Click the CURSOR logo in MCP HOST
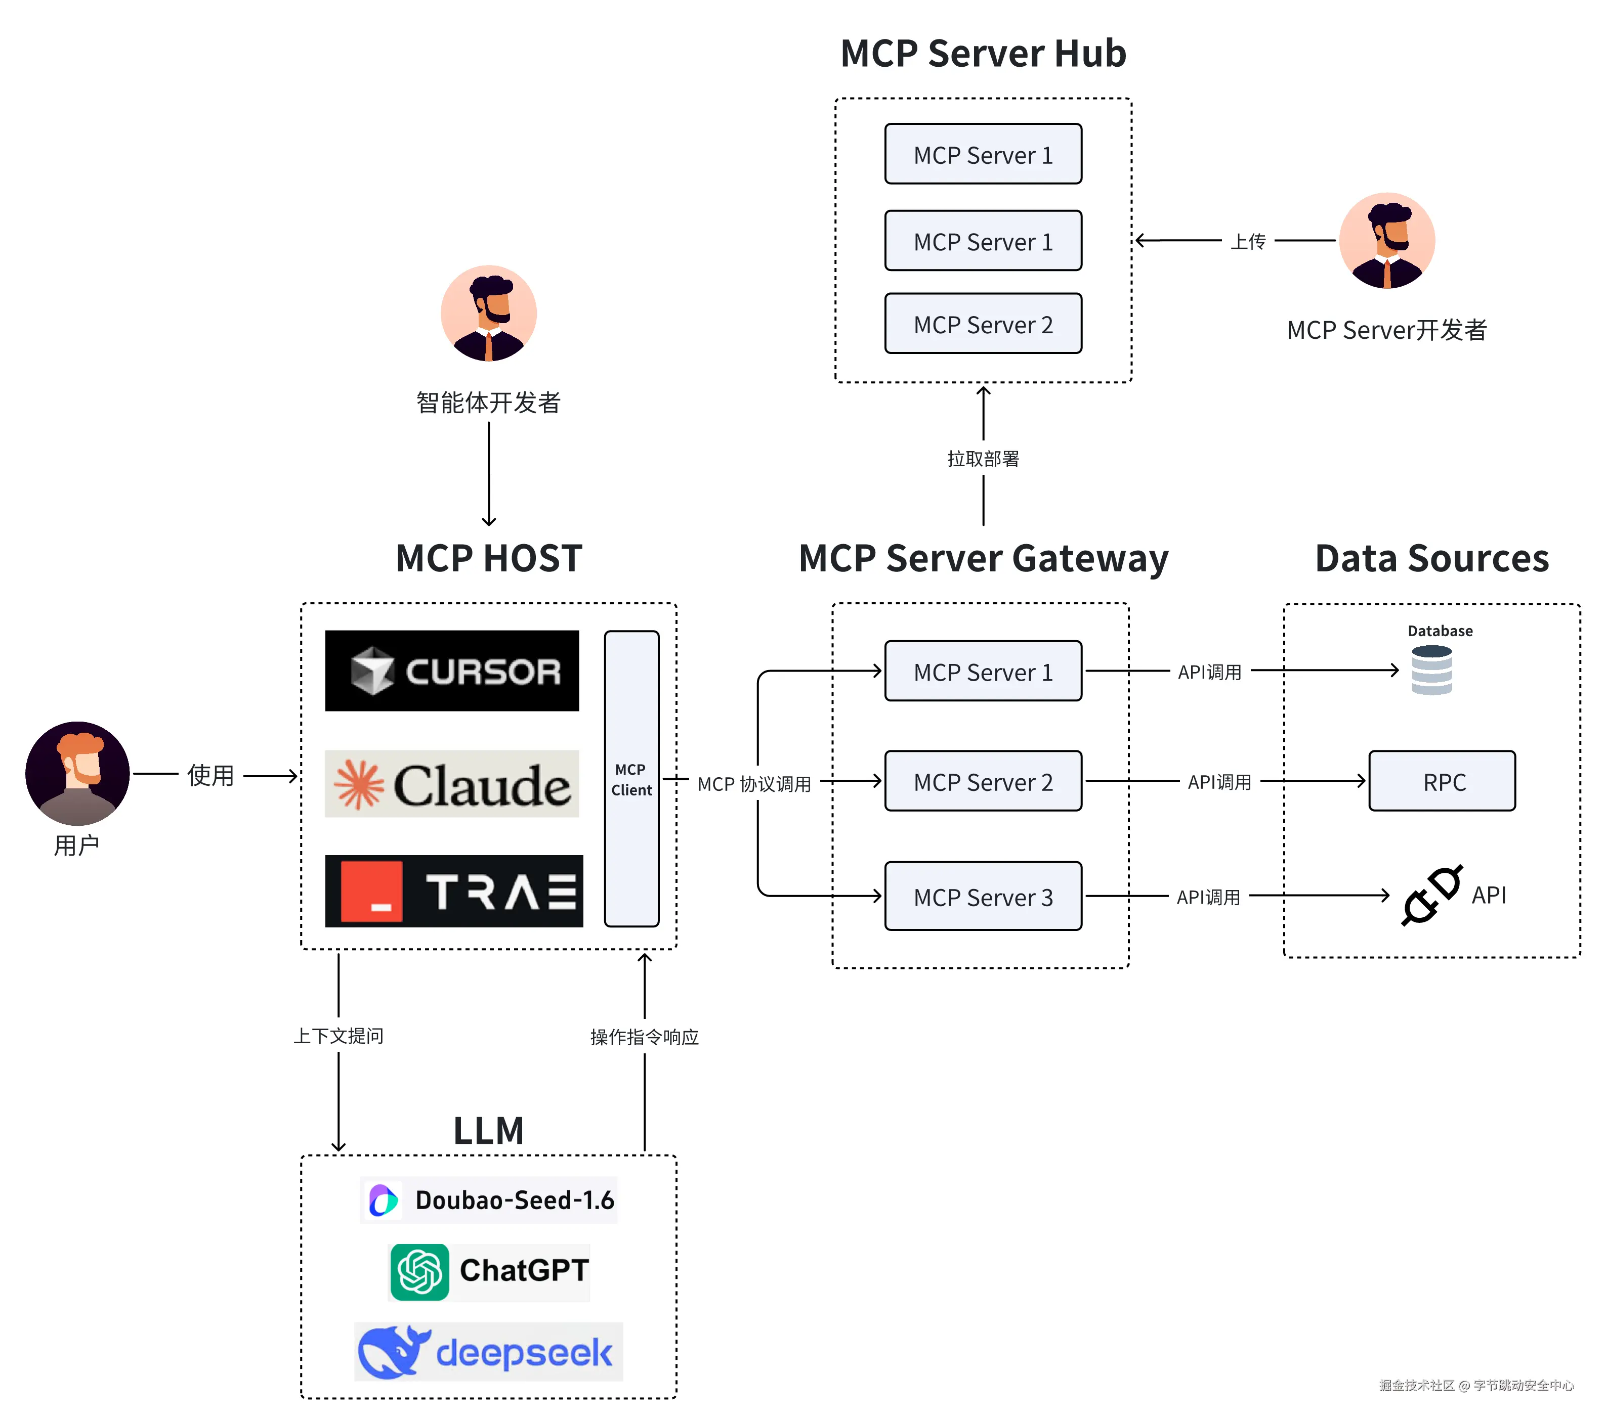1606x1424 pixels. (x=452, y=671)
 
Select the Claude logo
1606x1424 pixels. (x=452, y=784)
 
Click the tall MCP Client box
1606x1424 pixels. (x=631, y=778)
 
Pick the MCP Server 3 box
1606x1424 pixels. (x=983, y=896)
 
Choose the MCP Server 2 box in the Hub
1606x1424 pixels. (x=983, y=324)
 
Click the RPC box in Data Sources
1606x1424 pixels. (x=1442, y=781)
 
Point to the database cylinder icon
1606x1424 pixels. (x=1431, y=670)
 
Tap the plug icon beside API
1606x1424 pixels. (x=1431, y=896)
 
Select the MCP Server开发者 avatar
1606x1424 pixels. (x=1387, y=240)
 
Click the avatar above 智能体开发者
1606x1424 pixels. (x=489, y=314)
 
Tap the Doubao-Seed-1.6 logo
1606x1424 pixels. (x=384, y=1200)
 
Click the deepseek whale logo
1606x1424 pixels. (x=393, y=1351)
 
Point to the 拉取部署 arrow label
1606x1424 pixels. (x=983, y=459)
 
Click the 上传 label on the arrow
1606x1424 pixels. (x=1248, y=241)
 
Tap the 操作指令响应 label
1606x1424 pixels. (x=644, y=1037)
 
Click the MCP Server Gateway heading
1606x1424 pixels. (x=983, y=558)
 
